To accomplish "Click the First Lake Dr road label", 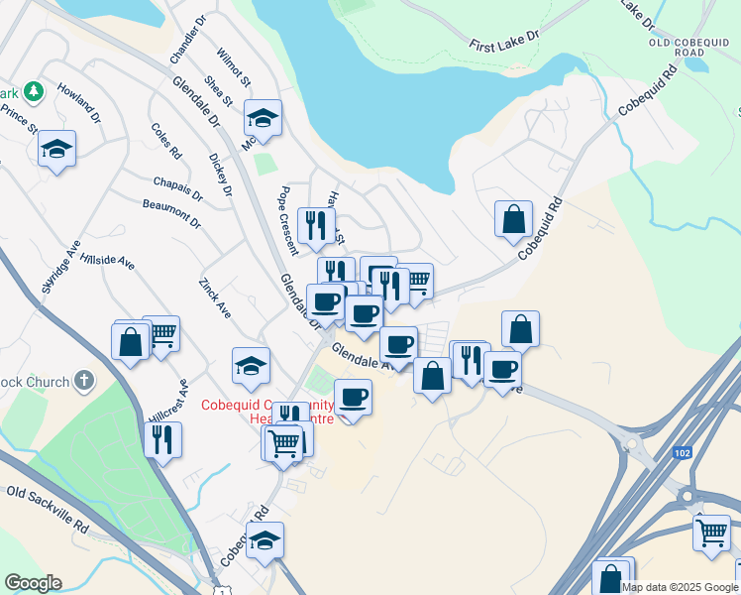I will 504,41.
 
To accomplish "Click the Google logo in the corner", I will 33,583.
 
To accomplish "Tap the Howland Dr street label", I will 80,107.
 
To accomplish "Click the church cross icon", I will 85,380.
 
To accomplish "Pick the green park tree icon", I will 34,91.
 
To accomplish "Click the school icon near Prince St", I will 56,149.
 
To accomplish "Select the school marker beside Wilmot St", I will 263,118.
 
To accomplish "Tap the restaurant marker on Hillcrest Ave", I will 162,436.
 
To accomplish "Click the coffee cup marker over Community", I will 354,398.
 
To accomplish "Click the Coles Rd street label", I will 167,141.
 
